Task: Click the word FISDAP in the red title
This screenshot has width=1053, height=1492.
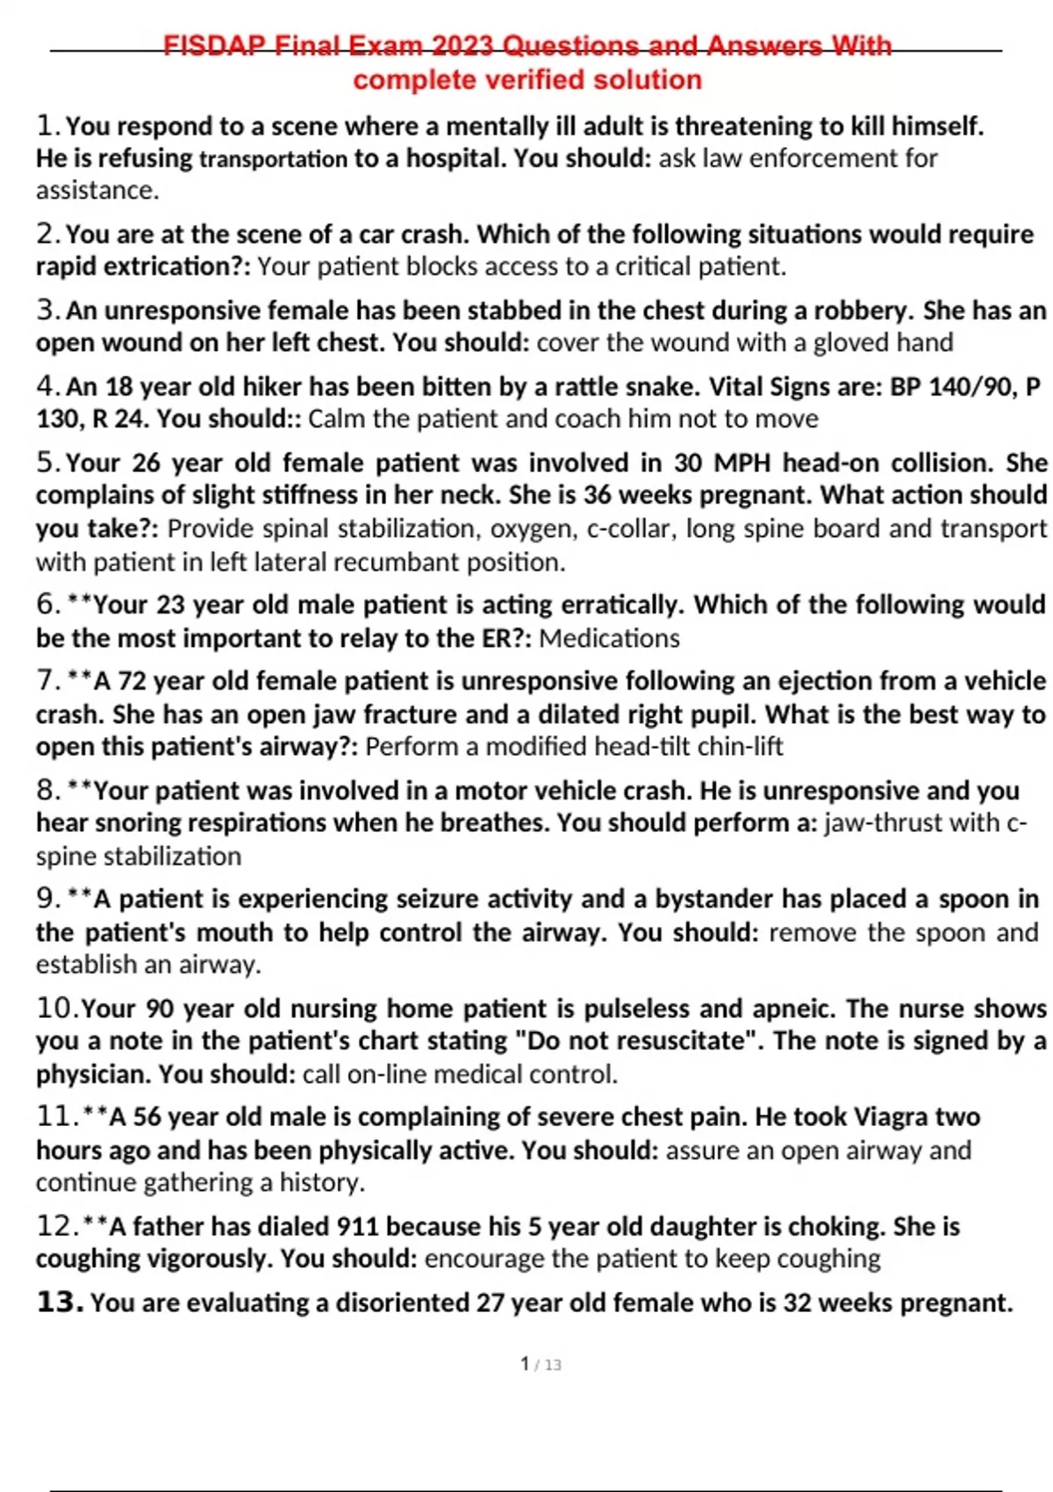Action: click(214, 46)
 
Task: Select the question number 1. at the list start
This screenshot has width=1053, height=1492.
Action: click(48, 126)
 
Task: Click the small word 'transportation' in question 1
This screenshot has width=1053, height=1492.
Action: click(274, 159)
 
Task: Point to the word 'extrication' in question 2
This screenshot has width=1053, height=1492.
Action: click(168, 267)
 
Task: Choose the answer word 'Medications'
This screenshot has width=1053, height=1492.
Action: click(609, 638)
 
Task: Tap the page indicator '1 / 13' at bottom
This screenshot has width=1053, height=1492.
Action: click(541, 1364)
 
